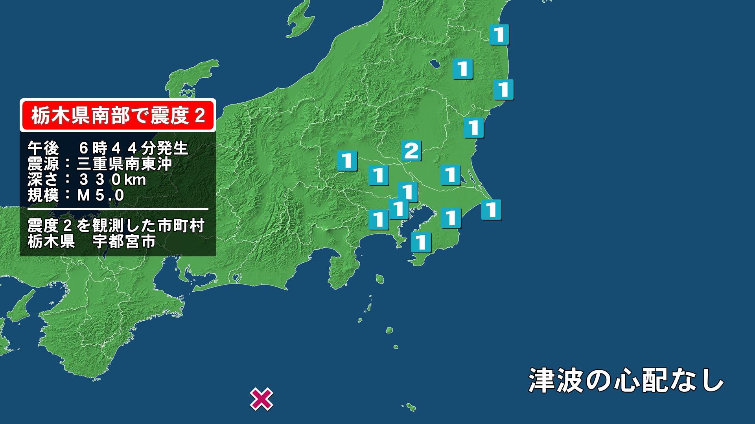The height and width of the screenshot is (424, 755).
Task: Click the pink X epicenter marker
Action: point(262,400)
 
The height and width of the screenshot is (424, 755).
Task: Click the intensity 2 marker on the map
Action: point(411,151)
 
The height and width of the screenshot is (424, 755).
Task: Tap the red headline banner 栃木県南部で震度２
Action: point(118,115)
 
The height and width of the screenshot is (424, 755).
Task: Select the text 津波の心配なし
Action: point(626,380)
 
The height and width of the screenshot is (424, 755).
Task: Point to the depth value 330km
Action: point(112,179)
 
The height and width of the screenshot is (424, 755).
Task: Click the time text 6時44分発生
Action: point(134,148)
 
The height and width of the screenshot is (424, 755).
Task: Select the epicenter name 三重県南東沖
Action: point(124,164)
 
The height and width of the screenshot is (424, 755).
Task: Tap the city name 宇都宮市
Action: point(124,241)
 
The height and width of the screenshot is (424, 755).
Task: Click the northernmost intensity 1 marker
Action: point(499,35)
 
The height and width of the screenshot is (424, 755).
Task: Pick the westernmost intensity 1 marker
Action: point(347,161)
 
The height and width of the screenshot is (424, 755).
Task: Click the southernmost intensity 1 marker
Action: point(421,242)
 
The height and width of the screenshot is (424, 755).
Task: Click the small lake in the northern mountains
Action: point(435,63)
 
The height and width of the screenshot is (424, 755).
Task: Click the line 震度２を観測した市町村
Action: point(116,226)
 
